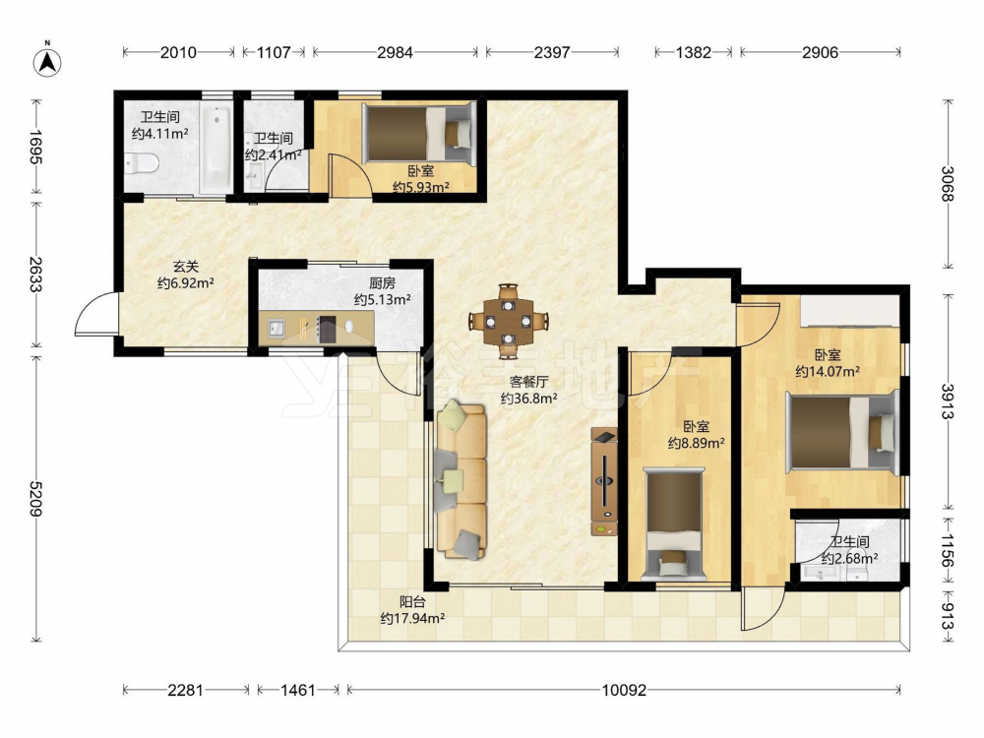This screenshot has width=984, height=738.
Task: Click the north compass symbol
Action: click(47, 61)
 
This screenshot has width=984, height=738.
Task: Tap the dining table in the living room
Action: click(509, 322)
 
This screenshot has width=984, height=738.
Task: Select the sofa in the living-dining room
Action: click(461, 481)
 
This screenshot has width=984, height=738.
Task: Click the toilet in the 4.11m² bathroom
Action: click(141, 163)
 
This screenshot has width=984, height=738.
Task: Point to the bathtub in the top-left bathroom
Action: click(215, 148)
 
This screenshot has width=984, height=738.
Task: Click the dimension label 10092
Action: click(624, 691)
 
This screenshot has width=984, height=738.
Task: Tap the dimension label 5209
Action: click(36, 499)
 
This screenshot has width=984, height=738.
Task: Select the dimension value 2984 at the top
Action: click(395, 52)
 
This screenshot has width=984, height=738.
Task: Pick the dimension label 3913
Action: click(947, 401)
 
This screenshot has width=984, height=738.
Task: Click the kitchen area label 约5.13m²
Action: click(382, 300)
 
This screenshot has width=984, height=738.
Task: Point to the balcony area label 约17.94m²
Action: click(412, 619)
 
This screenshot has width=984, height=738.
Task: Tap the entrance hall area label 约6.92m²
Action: click(186, 283)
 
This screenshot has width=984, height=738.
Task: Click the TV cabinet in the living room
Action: click(604, 481)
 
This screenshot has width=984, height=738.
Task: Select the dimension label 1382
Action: click(694, 52)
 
